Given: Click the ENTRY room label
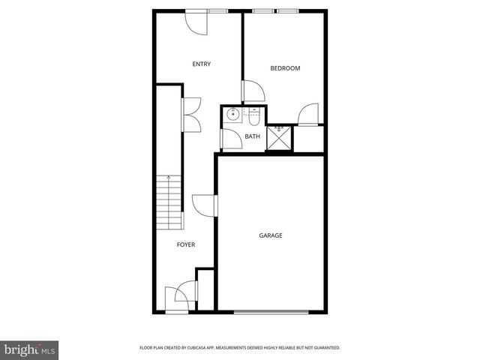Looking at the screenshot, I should point(201,64).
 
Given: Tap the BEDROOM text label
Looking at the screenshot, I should point(285,68).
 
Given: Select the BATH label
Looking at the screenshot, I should point(253,136).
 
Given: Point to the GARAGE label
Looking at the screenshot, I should point(271,235).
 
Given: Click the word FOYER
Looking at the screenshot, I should point(186,245).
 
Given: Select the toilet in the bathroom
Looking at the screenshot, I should point(253,116).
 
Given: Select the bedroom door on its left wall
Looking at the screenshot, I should point(252,91).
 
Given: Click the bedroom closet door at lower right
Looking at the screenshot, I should point(308,114).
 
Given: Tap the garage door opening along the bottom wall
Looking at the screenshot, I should point(271,311).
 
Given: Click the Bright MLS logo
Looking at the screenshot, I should point(30,349).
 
